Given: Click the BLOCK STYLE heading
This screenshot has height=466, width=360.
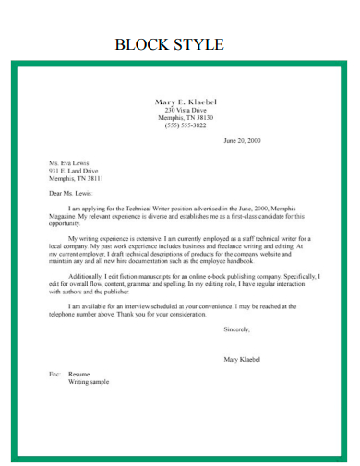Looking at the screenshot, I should pyautogui.click(x=169, y=44).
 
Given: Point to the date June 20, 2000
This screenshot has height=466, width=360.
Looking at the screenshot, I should pyautogui.click(x=243, y=141).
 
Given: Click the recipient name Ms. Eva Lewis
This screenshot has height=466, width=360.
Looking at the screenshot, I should pyautogui.click(x=69, y=163).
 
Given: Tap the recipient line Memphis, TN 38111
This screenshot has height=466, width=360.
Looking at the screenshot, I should pyautogui.click(x=76, y=178).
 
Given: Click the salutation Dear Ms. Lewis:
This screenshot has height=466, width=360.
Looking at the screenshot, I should pyautogui.click(x=72, y=194).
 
